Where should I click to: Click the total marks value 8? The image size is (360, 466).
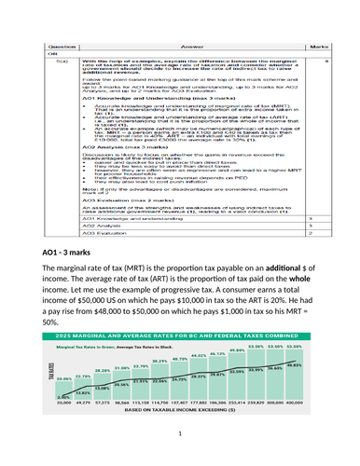pos(314,34)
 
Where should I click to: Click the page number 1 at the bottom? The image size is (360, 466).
pos(179,458)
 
